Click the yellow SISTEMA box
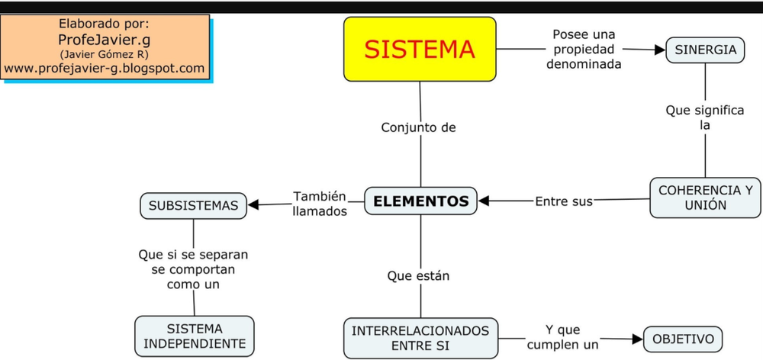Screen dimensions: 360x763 point(420,50)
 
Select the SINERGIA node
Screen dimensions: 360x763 point(705,50)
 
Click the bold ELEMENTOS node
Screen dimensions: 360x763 point(421,201)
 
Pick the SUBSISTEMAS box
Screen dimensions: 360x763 point(193,205)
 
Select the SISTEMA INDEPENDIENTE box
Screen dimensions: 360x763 point(195,336)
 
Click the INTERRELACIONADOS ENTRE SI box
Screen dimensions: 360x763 point(420,338)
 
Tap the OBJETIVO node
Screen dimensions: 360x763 point(683,339)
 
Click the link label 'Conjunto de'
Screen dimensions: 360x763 point(418,127)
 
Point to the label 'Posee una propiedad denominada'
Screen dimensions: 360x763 point(584,50)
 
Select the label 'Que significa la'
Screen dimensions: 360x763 point(704,117)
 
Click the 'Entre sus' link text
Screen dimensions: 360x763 point(563,202)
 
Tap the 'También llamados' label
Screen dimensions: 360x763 point(320,204)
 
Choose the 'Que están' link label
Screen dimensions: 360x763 point(418,276)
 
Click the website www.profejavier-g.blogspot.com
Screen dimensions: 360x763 point(105,69)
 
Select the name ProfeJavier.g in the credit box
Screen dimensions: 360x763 point(105,40)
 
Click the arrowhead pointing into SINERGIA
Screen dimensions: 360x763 point(659,50)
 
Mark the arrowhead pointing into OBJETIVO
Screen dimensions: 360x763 point(638,338)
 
